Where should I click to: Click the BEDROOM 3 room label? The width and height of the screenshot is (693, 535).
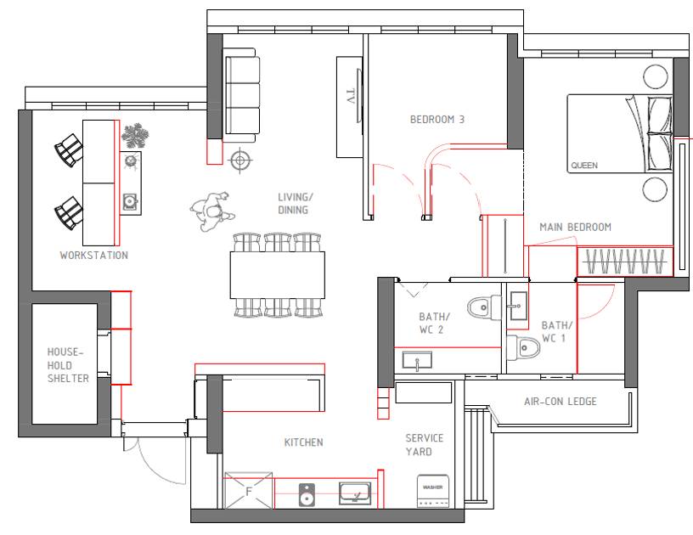point(437,119)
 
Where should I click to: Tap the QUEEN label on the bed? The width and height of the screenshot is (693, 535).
point(584,166)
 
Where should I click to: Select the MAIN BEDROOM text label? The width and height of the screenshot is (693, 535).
point(576,227)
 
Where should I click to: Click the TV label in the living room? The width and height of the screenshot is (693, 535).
point(351,96)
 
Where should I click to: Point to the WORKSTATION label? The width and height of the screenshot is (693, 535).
point(94,255)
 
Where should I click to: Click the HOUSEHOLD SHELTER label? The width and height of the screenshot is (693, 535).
point(68,365)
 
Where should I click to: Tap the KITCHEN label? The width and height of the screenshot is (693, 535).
point(304,442)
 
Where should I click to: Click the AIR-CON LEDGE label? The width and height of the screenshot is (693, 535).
point(561,401)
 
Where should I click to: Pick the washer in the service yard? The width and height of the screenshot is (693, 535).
point(433,491)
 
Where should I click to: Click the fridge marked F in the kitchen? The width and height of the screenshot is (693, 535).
point(248,490)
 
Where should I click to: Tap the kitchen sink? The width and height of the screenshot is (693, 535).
point(355,493)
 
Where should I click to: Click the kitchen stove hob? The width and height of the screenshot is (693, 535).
point(307,495)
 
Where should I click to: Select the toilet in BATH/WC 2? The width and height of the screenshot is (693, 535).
point(484,307)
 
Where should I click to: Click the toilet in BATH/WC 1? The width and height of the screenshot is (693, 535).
point(523,347)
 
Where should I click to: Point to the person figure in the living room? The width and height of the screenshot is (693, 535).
point(212,211)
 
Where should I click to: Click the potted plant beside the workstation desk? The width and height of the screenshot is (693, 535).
point(135,136)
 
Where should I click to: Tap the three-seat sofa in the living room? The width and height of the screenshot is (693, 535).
point(240,95)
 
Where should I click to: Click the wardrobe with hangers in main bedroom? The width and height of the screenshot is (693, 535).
point(625,262)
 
